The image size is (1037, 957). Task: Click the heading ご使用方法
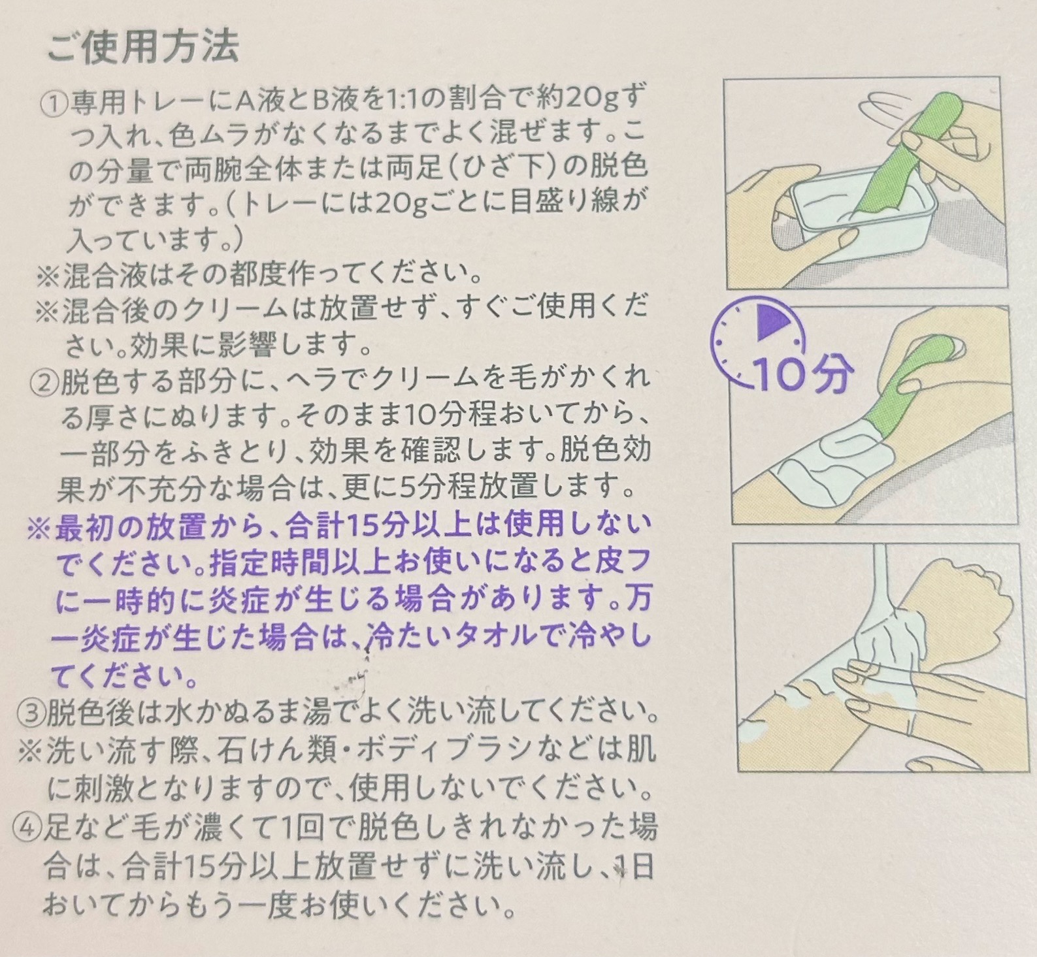pos(143,47)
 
